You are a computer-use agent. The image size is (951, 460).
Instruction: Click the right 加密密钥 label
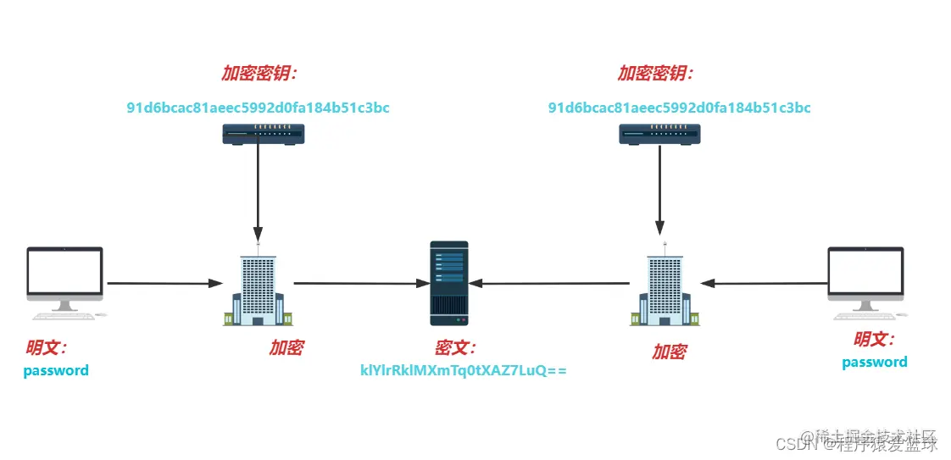655,74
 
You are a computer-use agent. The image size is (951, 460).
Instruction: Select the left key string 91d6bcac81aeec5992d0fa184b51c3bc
258,108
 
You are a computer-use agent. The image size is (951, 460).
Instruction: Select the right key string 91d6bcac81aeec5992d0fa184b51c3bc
679,108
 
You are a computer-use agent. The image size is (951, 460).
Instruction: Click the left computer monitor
64,274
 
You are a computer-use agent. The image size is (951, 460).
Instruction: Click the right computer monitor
865,274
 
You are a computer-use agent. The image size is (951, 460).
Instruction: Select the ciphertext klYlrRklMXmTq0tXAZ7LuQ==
463,371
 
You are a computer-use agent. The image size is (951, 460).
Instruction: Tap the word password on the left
56,370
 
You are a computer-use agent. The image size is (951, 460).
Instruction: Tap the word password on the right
874,363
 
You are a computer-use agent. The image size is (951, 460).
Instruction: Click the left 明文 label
47,347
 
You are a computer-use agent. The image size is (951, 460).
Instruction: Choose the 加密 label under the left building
286,347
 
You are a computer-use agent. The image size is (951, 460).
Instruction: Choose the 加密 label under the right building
669,352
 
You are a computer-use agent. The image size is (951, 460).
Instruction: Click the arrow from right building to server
551,284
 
